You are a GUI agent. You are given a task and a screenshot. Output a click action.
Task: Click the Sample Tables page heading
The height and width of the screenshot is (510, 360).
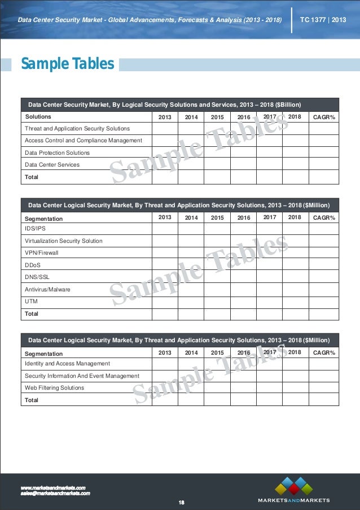(x=67, y=64)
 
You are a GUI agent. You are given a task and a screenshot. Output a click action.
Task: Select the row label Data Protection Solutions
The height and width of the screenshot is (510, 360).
(x=57, y=152)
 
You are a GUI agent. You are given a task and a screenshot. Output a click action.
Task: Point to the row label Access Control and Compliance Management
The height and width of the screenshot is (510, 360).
(x=84, y=140)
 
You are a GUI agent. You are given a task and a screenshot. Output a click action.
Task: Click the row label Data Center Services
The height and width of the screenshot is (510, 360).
(x=52, y=165)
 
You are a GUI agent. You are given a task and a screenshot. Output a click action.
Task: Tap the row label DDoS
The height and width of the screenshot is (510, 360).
(x=33, y=265)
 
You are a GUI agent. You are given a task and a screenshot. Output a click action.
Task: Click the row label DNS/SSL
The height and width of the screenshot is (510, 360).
(x=37, y=277)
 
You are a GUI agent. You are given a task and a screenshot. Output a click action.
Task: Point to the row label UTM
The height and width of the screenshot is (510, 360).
(x=32, y=302)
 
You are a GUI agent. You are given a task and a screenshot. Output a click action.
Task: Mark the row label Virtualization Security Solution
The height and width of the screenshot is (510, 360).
(x=64, y=241)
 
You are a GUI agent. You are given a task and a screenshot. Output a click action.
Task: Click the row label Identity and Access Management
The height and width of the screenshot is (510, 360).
(x=67, y=364)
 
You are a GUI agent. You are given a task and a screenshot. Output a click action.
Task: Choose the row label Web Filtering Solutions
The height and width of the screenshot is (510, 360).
(x=54, y=388)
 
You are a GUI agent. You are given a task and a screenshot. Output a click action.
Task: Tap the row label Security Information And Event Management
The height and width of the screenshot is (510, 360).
(x=82, y=376)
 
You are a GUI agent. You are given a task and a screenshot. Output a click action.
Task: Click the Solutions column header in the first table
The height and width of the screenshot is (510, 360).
(x=38, y=117)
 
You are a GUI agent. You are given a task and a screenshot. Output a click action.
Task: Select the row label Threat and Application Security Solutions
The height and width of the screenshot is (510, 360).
(x=77, y=128)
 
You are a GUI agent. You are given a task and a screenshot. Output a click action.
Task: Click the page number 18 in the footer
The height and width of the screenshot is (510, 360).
(x=182, y=502)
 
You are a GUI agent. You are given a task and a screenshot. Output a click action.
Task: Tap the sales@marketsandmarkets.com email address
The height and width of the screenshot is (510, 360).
(x=55, y=493)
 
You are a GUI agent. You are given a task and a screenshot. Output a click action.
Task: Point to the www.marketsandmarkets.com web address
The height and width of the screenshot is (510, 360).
(x=52, y=487)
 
